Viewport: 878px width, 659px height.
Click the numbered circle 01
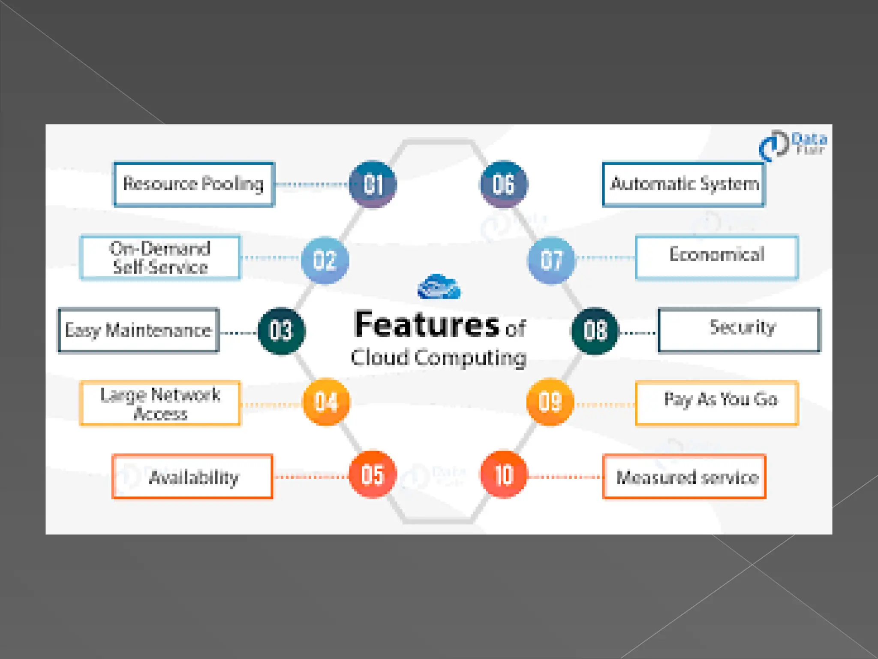click(373, 184)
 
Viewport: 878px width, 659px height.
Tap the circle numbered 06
click(504, 184)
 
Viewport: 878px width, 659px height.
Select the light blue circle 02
click(325, 260)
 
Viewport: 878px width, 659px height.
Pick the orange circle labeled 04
click(326, 402)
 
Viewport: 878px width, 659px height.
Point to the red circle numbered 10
click(504, 475)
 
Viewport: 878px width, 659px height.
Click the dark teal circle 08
click(595, 331)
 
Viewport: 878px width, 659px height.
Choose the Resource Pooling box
click(194, 184)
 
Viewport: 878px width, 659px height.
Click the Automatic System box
click(684, 184)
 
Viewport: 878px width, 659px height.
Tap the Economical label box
click(717, 257)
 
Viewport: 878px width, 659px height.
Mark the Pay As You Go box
click(717, 403)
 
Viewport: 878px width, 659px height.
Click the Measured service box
click(684, 477)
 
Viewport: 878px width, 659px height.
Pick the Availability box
click(192, 477)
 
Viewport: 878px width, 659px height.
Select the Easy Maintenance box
click(139, 330)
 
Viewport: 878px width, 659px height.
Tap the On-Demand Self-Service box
click(160, 257)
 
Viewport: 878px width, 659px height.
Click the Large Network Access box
click(160, 403)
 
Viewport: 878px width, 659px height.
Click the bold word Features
click(427, 325)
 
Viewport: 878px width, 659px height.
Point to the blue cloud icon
click(439, 287)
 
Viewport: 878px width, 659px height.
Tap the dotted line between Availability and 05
click(311, 477)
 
